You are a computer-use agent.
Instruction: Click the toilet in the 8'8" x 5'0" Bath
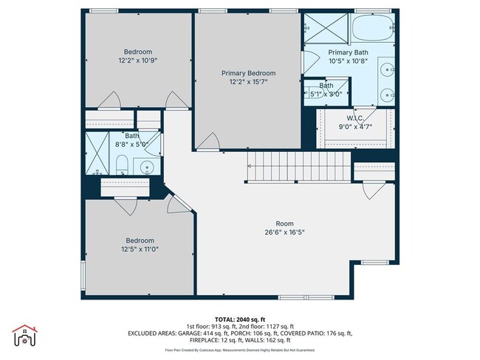point(123,165)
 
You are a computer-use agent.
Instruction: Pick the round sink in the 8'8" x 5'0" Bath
point(148,167)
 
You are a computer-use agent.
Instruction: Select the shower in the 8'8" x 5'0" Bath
point(97,152)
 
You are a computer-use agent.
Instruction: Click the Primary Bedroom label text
point(248,73)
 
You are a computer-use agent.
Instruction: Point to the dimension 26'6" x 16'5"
point(284,232)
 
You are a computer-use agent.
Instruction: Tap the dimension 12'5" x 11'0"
point(139,249)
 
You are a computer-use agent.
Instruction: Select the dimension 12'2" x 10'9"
point(138,60)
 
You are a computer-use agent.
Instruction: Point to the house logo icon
point(24,337)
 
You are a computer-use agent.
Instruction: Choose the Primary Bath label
point(348,52)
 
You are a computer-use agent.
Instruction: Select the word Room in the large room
point(284,223)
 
